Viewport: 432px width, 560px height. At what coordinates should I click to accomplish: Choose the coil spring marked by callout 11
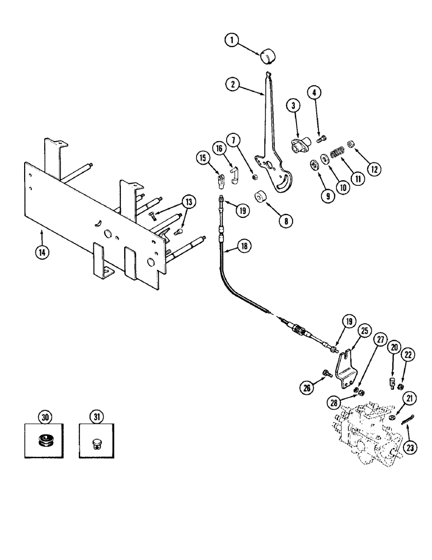pyautogui.click(x=337, y=152)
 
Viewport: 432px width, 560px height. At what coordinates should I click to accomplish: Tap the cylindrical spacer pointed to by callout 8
pyautogui.click(x=260, y=199)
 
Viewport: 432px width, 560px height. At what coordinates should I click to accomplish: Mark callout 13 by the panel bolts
pyautogui.click(x=190, y=202)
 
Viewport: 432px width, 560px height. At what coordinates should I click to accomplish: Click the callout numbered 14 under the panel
pyautogui.click(x=43, y=251)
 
